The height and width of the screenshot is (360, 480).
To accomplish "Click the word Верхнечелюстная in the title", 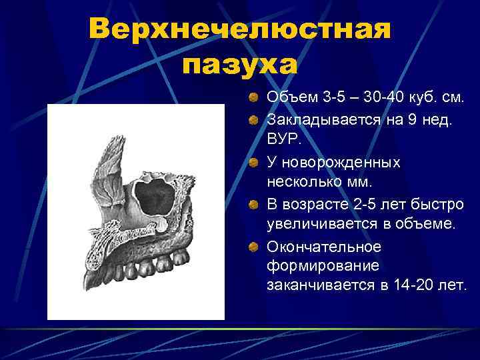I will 239,30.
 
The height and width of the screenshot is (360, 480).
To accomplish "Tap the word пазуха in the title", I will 239,65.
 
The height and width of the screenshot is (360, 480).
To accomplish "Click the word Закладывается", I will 323,119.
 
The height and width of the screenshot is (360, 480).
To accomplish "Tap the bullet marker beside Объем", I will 254,99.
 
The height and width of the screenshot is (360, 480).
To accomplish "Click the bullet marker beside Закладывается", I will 254,120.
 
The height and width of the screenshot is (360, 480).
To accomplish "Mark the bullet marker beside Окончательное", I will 254,247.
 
